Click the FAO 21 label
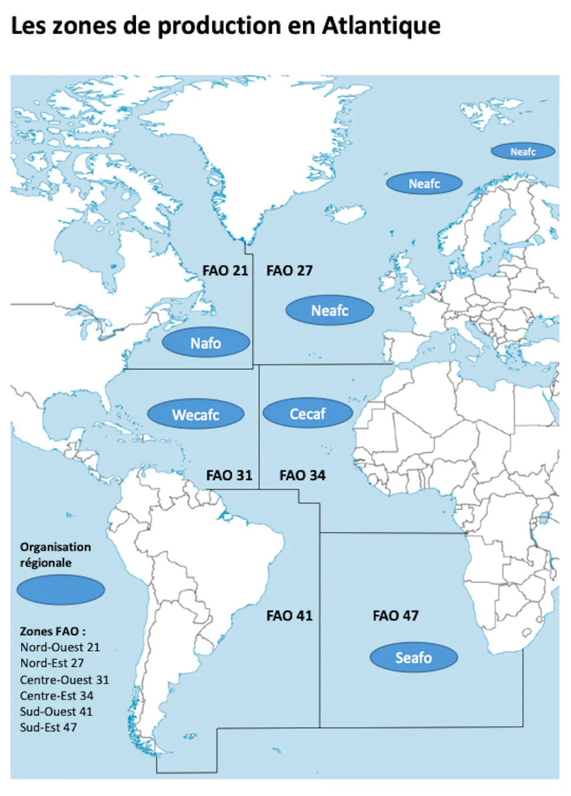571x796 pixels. [225, 271]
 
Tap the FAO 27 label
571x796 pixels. [289, 271]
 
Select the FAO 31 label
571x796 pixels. [229, 476]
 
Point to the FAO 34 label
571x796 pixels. [302, 476]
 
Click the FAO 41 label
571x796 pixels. [289, 616]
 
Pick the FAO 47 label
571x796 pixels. [396, 616]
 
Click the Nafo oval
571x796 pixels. [206, 343]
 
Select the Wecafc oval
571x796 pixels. [196, 415]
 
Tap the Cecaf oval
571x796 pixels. [308, 413]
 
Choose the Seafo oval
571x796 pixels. [414, 658]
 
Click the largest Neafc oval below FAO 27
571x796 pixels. [329, 311]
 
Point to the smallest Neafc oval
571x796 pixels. [523, 151]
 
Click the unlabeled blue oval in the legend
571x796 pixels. [61, 590]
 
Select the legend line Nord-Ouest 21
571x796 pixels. [60, 648]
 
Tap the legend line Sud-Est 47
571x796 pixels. [49, 727]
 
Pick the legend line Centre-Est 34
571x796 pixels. [57, 696]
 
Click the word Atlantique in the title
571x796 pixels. [381, 26]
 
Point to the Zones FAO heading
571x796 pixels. [53, 632]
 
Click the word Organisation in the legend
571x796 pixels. [55, 547]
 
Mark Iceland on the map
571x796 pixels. [346, 214]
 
